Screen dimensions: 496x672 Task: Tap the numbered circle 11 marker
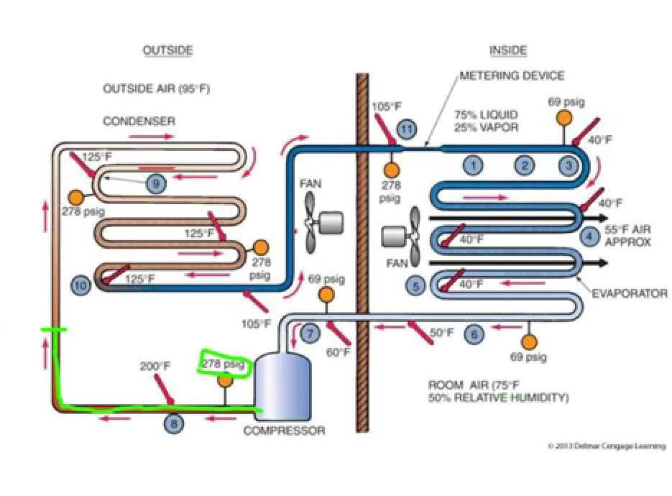pyautogui.click(x=408, y=130)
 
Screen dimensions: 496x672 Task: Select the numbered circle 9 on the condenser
pyautogui.click(x=155, y=184)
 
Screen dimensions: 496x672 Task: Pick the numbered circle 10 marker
pyautogui.click(x=81, y=285)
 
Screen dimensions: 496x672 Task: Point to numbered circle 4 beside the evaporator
pyautogui.click(x=589, y=235)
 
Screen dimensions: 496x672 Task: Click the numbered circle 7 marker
pyautogui.click(x=310, y=334)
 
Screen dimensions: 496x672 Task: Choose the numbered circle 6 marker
pyautogui.click(x=474, y=334)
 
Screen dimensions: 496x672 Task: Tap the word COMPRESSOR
pyautogui.click(x=284, y=431)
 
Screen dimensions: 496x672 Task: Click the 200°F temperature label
pyautogui.click(x=155, y=367)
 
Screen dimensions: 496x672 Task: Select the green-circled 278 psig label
pyautogui.click(x=223, y=364)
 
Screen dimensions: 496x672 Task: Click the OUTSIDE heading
pyautogui.click(x=167, y=50)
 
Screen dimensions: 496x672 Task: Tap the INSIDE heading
pyautogui.click(x=508, y=50)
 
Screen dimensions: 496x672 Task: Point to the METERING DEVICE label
pyautogui.click(x=512, y=75)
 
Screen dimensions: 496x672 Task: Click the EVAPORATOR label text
pyautogui.click(x=630, y=293)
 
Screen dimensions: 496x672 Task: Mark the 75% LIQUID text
pyautogui.click(x=486, y=114)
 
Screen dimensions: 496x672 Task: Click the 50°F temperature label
pyautogui.click(x=442, y=333)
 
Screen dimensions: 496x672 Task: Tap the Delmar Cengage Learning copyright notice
pyautogui.click(x=607, y=446)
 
